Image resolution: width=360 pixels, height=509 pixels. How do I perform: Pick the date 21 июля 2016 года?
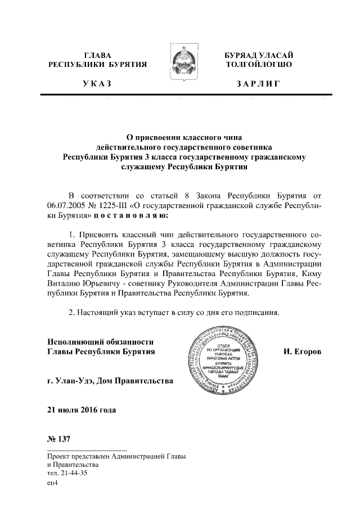pyautogui.click(x=82, y=409)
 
